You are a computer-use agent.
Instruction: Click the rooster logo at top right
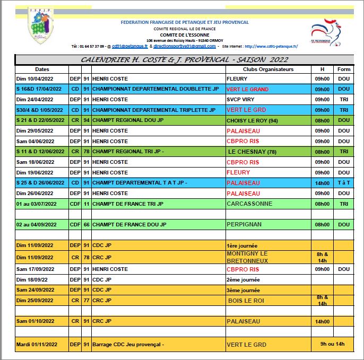click(x=326, y=32)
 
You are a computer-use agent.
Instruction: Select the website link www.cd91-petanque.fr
click(x=271, y=47)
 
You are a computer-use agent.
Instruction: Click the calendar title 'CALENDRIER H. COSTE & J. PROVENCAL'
click(x=184, y=60)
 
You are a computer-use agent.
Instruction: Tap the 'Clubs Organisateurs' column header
click(x=268, y=69)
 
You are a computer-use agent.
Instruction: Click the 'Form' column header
click(x=344, y=69)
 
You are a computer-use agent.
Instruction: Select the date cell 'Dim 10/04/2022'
click(x=35, y=80)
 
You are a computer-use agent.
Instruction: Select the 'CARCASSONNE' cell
click(x=249, y=204)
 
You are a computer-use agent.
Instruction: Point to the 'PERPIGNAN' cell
click(x=244, y=224)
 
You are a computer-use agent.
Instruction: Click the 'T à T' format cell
click(x=344, y=183)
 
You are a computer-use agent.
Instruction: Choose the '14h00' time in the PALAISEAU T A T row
click(x=322, y=183)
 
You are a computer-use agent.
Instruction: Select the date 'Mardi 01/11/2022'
click(x=39, y=344)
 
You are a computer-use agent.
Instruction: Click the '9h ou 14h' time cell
click(x=332, y=344)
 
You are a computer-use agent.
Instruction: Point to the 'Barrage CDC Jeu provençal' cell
click(x=128, y=344)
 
